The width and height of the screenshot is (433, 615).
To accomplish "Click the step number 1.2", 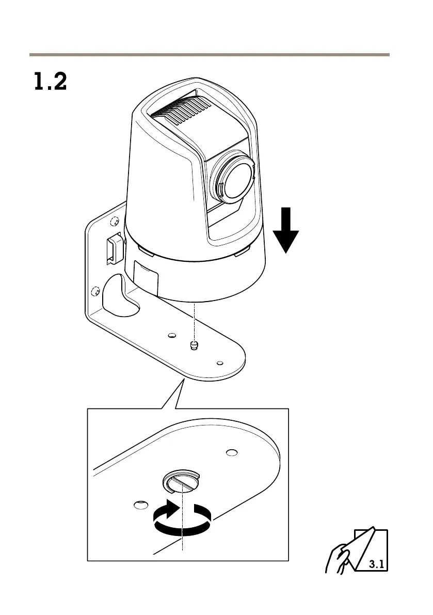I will coord(50,82).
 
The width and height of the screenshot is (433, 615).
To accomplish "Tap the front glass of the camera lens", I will coord(237,179).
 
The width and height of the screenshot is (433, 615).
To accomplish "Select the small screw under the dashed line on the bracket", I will coord(194,345).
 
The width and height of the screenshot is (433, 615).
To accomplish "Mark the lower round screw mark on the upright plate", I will coord(94,292).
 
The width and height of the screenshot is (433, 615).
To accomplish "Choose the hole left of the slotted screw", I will coord(138,503).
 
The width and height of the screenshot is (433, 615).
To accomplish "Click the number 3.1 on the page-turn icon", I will coord(376,563).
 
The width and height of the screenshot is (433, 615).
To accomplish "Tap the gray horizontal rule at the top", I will coord(209,54).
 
